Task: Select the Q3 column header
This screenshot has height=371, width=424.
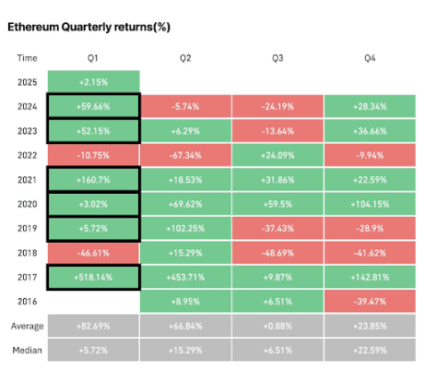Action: pos(277,57)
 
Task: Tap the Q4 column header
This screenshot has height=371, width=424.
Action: pos(370,57)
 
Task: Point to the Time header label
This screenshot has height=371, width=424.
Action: pos(27,57)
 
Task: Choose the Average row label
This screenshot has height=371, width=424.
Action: pos(27,325)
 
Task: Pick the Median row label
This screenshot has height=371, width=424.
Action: pos(27,349)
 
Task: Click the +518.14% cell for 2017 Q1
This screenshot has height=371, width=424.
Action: pos(93,276)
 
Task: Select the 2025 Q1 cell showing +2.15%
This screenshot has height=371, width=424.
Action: pos(93,81)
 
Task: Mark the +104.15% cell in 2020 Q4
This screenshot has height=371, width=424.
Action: pos(370,202)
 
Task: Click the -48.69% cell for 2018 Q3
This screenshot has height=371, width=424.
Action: pos(277,251)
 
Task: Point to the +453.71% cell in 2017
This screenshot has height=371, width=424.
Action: pos(185,276)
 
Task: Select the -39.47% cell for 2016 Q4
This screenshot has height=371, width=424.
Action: pos(370,300)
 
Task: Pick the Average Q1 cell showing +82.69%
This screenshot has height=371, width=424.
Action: pos(93,325)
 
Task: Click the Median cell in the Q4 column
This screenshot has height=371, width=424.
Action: pos(370,349)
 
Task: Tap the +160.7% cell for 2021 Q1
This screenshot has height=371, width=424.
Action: pos(93,178)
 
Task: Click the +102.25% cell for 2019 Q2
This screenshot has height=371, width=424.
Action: pos(185,227)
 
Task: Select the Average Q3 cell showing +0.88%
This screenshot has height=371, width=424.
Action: pos(277,325)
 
